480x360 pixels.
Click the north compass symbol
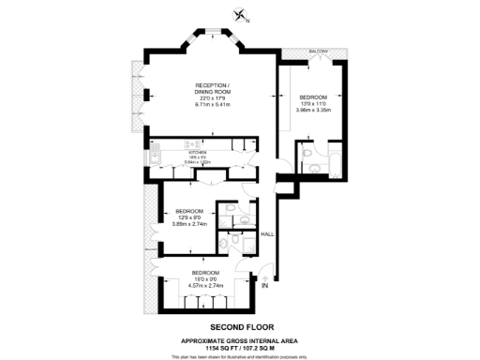click(x=242, y=14)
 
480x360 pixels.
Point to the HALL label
click(x=267, y=234)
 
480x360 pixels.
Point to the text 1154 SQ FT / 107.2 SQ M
click(x=239, y=347)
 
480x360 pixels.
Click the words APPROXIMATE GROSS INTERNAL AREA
click(x=239, y=339)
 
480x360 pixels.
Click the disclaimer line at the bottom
click(x=239, y=356)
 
